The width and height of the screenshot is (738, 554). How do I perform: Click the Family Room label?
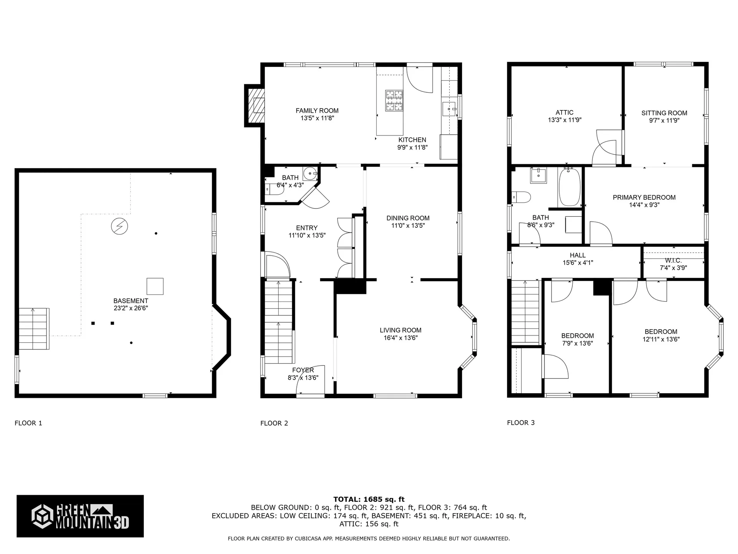point(317,111)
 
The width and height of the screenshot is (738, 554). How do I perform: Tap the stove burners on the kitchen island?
point(394,100)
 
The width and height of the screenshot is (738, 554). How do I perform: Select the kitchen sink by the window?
point(449,109)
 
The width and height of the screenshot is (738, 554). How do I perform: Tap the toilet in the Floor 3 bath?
point(522,197)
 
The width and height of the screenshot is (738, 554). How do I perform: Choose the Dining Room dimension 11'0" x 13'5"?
point(408,226)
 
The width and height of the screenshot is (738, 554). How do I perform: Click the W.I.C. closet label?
point(673,260)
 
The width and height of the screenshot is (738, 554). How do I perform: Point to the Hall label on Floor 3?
point(577,255)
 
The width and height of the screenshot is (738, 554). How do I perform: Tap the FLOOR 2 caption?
point(274,423)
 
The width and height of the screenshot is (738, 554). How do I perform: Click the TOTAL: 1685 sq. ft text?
point(369,499)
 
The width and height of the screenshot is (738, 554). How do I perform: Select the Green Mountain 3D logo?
point(80,516)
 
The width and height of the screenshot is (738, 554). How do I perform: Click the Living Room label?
point(400,330)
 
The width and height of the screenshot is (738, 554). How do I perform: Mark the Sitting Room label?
point(664,113)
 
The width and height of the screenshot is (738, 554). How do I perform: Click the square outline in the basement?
point(155,286)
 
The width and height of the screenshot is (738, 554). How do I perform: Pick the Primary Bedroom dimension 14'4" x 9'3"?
point(644,205)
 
